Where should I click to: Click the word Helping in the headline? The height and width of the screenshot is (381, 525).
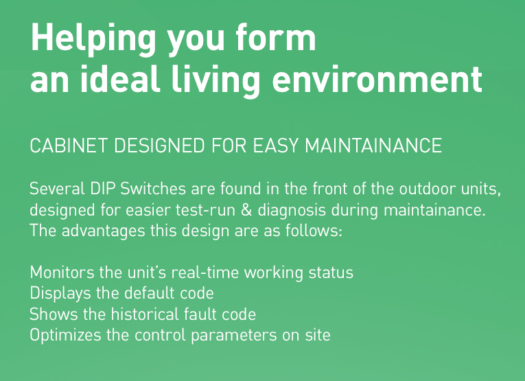(93, 40)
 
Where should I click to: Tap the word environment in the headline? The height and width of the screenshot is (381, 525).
(377, 79)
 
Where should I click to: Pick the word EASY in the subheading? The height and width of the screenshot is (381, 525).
(275, 146)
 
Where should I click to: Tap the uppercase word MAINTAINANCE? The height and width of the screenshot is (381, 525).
(373, 146)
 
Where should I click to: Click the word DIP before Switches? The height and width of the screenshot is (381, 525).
(102, 189)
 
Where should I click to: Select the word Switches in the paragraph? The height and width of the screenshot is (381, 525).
(152, 189)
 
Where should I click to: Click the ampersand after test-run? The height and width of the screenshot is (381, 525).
(246, 210)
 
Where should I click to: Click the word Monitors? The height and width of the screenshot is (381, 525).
(62, 273)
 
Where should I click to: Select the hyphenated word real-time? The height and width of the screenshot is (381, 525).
(205, 273)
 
